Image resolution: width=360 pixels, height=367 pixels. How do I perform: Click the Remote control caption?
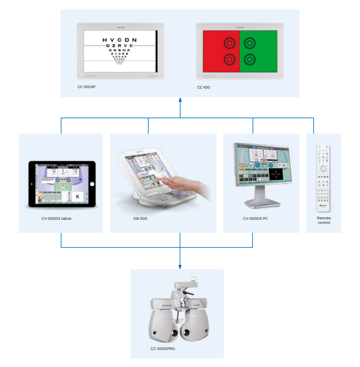(x=324, y=221)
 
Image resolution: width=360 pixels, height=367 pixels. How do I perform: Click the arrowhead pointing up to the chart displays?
(x=180, y=101)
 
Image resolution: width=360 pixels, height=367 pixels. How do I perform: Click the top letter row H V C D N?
(x=119, y=40)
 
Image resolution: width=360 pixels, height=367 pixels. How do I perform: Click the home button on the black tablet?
(x=92, y=184)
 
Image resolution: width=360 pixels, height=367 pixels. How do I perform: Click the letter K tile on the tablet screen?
(x=78, y=196)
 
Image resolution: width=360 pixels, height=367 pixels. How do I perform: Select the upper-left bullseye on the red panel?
(x=229, y=43)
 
